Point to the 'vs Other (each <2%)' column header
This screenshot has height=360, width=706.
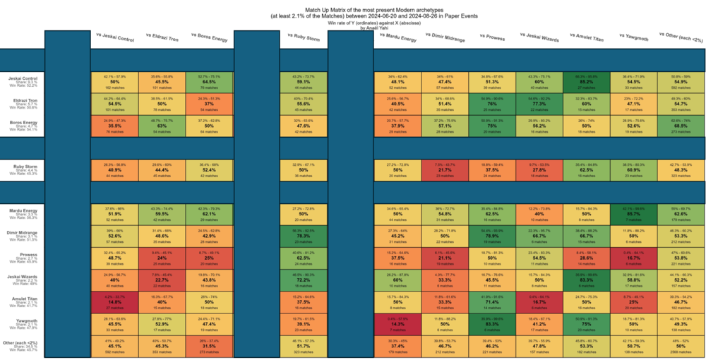click(681, 39)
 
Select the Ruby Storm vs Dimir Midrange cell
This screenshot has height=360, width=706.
click(445, 169)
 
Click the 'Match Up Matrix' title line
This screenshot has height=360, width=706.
click(353, 6)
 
